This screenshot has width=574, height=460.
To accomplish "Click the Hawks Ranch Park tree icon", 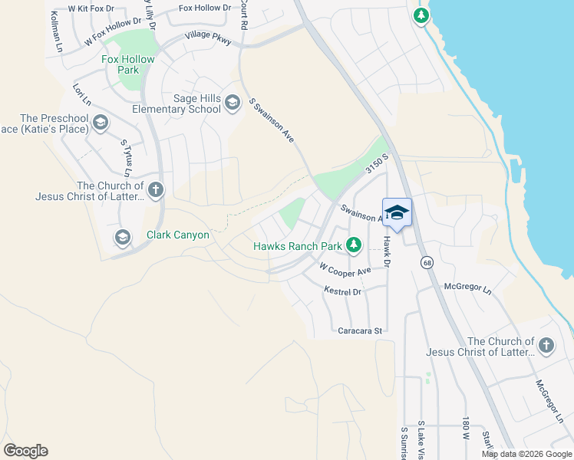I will point(353,245).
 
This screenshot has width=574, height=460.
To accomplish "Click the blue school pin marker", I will point(397,213).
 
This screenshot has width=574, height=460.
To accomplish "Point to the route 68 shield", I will point(426,262).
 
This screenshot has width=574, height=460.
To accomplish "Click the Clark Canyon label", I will point(178,235).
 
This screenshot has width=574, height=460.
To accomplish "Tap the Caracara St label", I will point(360,330).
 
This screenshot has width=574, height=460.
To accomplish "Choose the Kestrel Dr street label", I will point(342,292).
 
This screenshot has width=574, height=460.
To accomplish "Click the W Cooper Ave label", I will point(345,269).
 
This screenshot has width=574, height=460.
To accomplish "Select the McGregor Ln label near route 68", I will point(467,287).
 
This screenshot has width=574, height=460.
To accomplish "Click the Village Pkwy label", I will point(207,37).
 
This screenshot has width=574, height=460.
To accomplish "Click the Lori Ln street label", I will point(81,94).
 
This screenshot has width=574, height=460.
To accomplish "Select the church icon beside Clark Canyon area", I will point(156,189).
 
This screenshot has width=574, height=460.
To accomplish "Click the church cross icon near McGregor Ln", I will point(546,346).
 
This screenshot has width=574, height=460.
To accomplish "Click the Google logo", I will point(25,451).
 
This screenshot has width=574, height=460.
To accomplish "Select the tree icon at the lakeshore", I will point(421,15).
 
